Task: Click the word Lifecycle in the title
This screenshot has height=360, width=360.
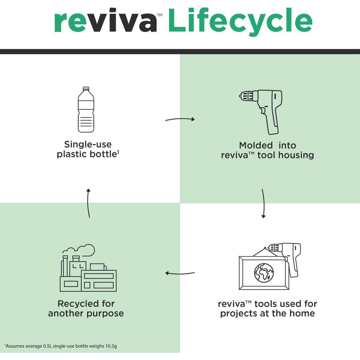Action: tap(240, 22)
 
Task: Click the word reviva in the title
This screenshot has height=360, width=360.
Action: tap(106, 20)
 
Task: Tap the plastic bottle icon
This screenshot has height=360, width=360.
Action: tap(86, 109)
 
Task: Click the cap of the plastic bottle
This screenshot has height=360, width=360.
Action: tap(86, 88)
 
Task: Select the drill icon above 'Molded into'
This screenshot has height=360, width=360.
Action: tap(261, 112)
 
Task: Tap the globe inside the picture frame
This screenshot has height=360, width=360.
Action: tap(264, 273)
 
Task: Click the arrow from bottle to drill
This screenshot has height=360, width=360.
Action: tap(180, 119)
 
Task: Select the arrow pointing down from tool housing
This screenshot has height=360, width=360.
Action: tap(264, 203)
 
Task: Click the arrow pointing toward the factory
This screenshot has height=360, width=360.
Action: tap(180, 274)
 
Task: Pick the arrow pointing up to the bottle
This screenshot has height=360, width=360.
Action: tap(88, 203)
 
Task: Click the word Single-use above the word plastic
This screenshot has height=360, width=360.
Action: tap(88, 144)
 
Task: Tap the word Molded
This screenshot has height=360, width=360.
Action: tap(256, 145)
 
